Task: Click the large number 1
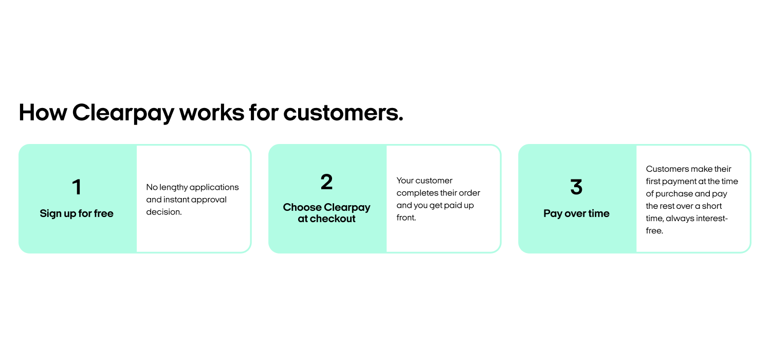pyautogui.click(x=77, y=187)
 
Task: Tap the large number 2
pyautogui.click(x=326, y=182)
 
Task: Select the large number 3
pyautogui.click(x=576, y=187)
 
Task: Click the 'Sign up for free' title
pyautogui.click(x=77, y=213)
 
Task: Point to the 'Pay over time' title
pyautogui.click(x=576, y=213)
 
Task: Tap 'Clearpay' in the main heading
pyautogui.click(x=123, y=114)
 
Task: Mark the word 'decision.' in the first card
pyautogui.click(x=164, y=212)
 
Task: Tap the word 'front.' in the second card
pyautogui.click(x=406, y=218)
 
